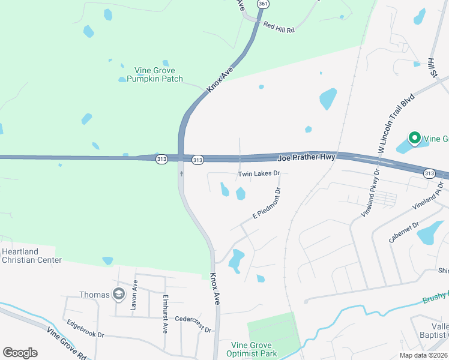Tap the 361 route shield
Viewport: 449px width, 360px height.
pyautogui.click(x=262, y=4)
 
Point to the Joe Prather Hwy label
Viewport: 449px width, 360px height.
pyautogui.click(x=306, y=158)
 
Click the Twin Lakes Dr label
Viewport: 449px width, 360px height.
pyautogui.click(x=259, y=173)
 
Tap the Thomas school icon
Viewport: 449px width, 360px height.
pyautogui.click(x=119, y=294)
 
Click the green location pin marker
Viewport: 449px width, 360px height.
pyautogui.click(x=415, y=139)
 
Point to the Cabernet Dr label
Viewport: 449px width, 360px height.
pyautogui.click(x=404, y=231)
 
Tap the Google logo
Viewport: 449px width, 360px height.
pyautogui.click(x=20, y=352)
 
